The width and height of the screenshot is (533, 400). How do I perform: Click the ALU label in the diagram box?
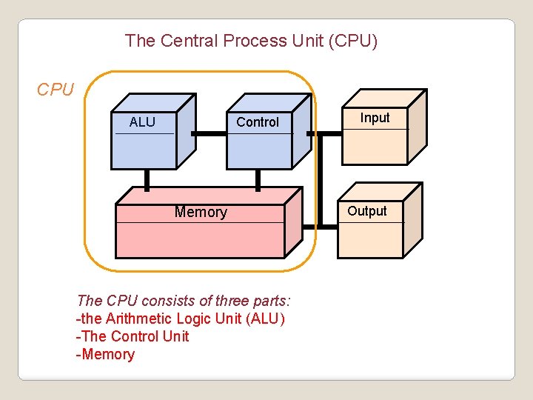[x=142, y=122]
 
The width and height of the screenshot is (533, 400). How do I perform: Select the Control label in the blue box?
[x=258, y=122]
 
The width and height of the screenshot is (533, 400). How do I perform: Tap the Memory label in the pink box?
[x=201, y=213]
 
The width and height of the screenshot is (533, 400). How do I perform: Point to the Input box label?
[x=375, y=118]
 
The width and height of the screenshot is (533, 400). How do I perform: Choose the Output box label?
[x=367, y=211]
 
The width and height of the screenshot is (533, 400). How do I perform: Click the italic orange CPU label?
[x=56, y=90]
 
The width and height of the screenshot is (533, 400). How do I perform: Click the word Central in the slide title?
[x=190, y=41]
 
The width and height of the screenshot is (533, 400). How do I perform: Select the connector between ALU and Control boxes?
[x=209, y=134]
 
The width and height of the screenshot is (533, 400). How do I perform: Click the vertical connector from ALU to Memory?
[x=147, y=179]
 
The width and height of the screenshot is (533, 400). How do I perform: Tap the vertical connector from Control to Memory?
[x=258, y=179]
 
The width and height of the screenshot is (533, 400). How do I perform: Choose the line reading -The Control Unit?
[x=133, y=336]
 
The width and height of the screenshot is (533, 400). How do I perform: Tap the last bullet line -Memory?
[x=105, y=354]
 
